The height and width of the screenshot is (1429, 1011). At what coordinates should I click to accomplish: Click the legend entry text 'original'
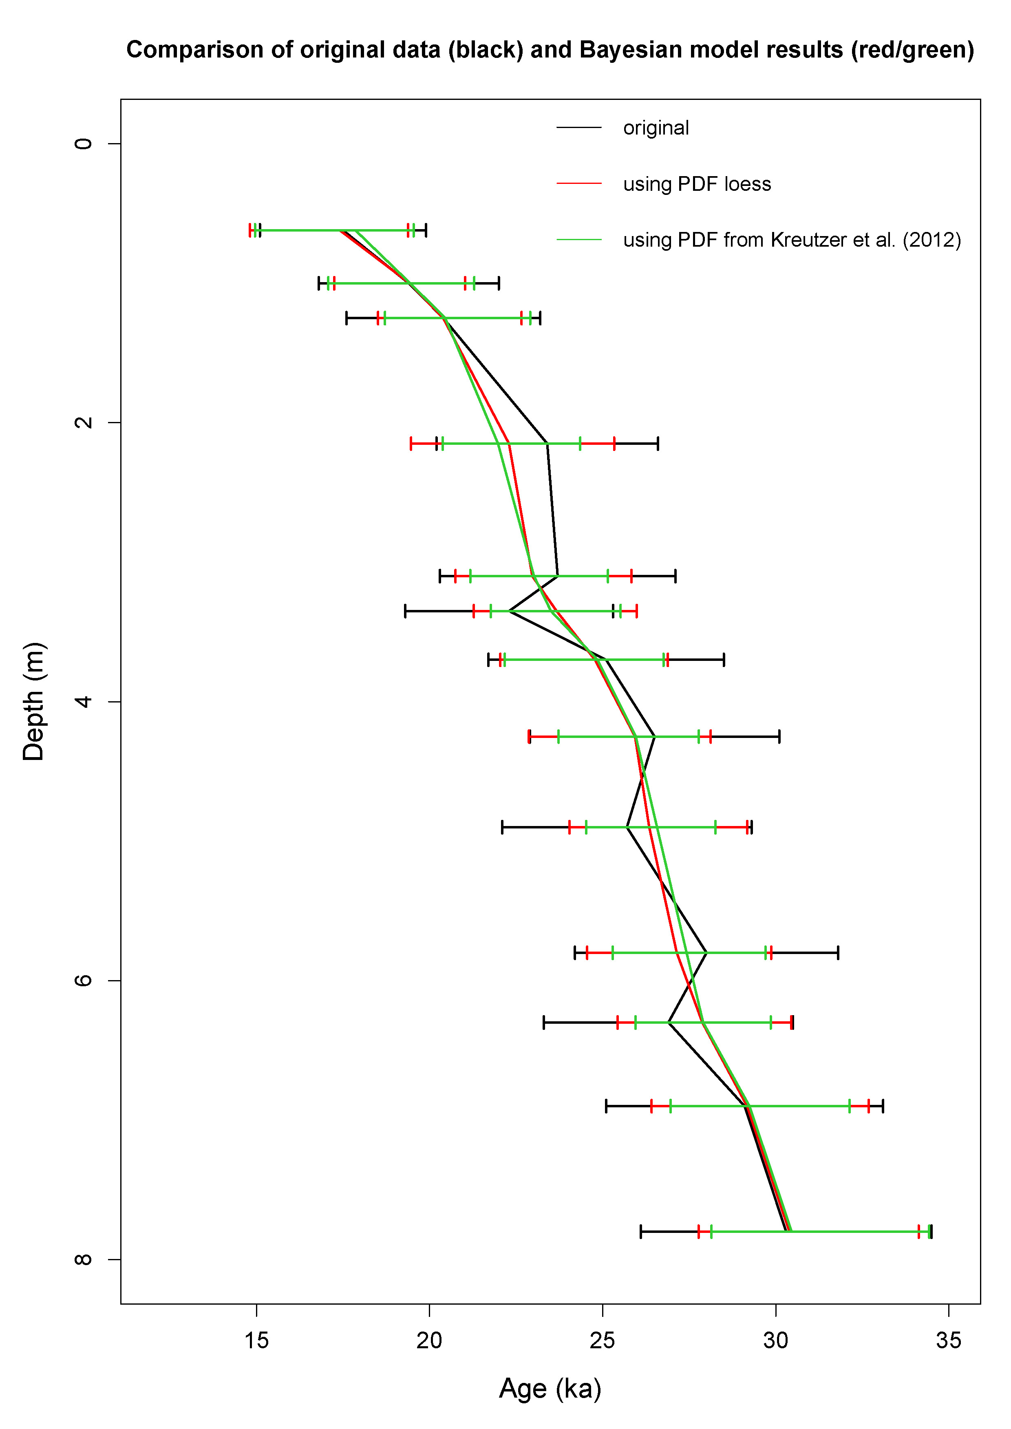(x=656, y=128)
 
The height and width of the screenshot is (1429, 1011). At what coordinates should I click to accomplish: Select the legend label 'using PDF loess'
(x=697, y=184)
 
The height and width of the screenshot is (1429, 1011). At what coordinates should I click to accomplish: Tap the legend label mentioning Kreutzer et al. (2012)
(x=791, y=241)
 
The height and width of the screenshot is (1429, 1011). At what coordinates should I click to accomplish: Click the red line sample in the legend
(x=579, y=184)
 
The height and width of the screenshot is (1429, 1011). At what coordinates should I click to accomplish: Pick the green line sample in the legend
(x=579, y=240)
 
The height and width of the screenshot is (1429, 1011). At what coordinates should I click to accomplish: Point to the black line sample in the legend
(x=579, y=128)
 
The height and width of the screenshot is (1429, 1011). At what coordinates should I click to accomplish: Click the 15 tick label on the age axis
(x=256, y=1341)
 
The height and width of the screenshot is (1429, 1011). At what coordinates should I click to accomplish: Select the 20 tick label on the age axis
(x=430, y=1341)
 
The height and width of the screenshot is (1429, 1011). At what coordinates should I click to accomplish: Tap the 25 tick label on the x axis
(x=603, y=1341)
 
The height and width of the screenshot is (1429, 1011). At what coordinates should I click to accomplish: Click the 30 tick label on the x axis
(x=776, y=1341)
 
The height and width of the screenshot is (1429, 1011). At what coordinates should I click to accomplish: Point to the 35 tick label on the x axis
(x=949, y=1341)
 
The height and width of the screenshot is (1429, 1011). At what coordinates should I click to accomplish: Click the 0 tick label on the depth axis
(x=83, y=144)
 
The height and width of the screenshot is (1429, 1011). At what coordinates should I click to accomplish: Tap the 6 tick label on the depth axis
(x=83, y=981)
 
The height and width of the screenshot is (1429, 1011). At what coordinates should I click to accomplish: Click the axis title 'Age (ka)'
(x=550, y=1389)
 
